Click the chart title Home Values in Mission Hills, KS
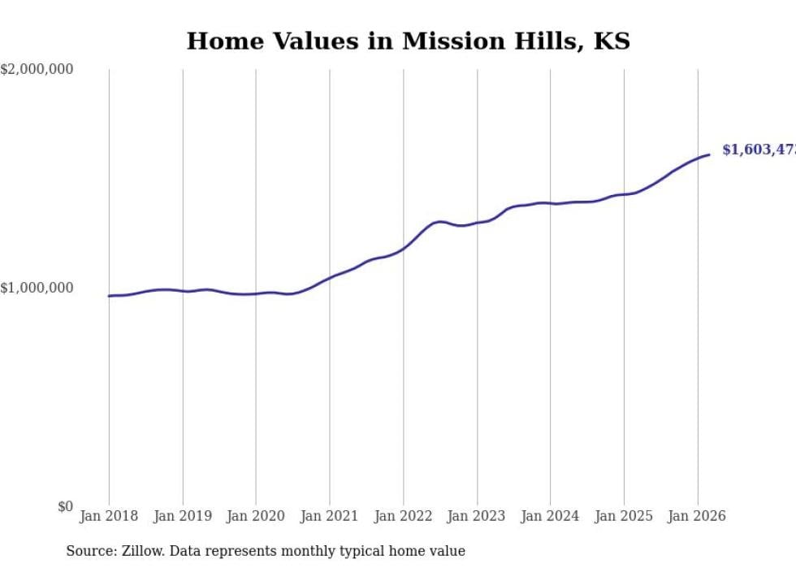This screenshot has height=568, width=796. coord(408,41)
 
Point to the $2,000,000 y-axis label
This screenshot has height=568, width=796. coord(37,70)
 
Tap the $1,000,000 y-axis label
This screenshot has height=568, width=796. coord(37,288)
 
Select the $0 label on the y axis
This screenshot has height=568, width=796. coord(65,507)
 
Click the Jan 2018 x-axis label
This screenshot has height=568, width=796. coord(109,516)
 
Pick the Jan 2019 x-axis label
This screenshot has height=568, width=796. coord(183,516)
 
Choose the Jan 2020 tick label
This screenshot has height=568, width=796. coord(256,516)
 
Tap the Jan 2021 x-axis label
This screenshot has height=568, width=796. coord(330,516)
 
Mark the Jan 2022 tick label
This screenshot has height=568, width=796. coord(404,516)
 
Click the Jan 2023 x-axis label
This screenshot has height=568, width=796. coord(477,516)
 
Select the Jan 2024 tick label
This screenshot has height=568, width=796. coord(551,516)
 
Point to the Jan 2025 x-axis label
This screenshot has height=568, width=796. coord(624,516)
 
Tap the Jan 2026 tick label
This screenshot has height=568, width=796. coord(698,516)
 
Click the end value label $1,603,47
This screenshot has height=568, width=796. coord(759,150)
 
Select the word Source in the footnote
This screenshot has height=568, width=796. coord(88,551)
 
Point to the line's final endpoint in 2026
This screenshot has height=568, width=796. coord(709,154)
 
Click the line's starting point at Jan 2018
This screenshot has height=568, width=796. coord(109,296)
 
